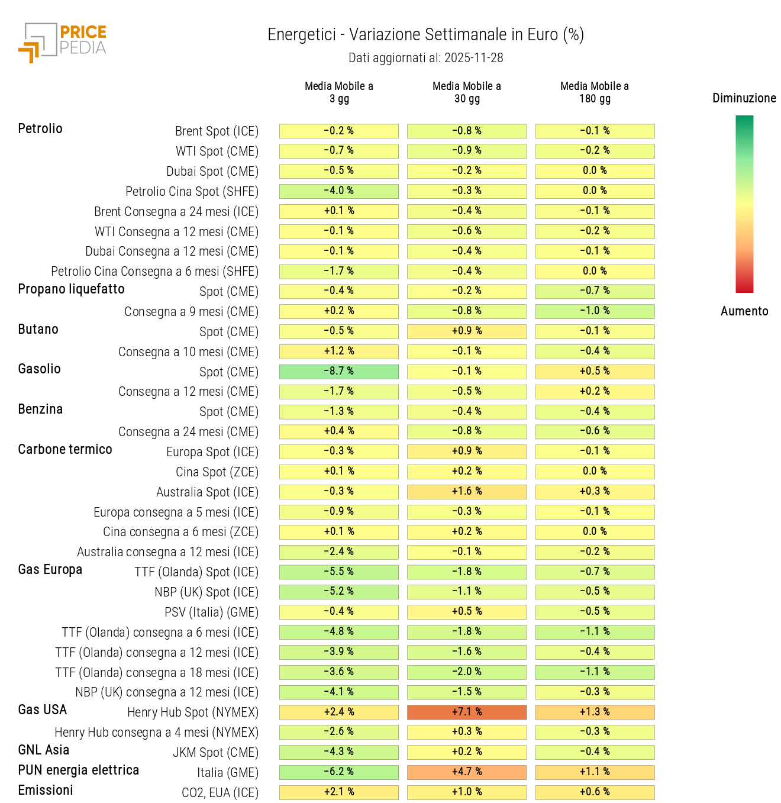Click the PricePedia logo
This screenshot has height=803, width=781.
click(63, 42)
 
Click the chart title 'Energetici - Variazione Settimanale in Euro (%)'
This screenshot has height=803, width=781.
click(425, 35)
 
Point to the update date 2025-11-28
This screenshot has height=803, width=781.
click(473, 58)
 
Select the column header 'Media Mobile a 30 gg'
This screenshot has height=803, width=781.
click(466, 92)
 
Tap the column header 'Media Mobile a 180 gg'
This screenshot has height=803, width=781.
click(594, 92)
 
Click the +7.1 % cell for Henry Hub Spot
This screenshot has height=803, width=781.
click(466, 712)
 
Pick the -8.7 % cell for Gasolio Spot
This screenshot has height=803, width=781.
click(338, 371)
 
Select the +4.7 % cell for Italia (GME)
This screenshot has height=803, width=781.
click(466, 772)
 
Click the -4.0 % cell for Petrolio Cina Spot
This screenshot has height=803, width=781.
click(338, 191)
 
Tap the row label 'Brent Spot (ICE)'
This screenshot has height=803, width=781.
click(217, 131)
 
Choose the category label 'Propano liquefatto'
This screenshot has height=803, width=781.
click(71, 289)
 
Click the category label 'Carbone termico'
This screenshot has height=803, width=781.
click(65, 450)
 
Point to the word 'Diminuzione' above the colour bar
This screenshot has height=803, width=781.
click(744, 98)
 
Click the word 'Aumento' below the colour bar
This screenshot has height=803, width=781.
click(744, 311)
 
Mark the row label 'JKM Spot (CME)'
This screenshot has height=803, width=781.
click(215, 753)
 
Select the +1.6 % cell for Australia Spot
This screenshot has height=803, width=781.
click(466, 491)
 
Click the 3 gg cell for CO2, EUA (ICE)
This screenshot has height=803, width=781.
click(338, 792)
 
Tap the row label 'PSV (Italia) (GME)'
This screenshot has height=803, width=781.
click(211, 612)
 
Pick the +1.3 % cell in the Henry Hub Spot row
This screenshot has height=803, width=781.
click(595, 712)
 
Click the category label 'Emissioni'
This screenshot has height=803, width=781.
click(46, 791)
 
